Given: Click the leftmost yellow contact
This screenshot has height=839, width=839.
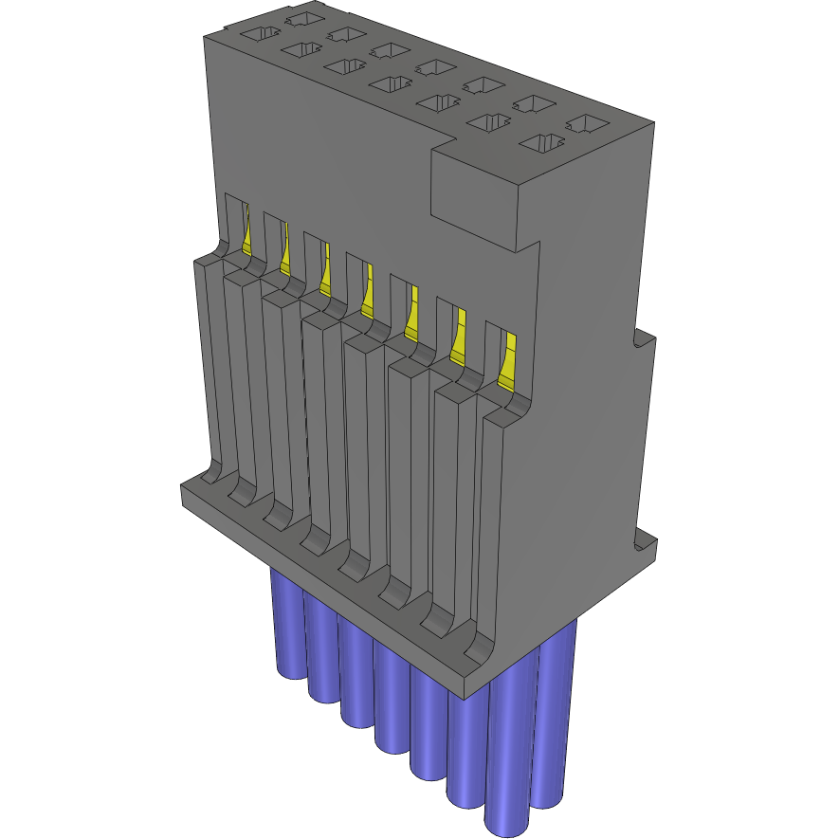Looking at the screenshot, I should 247,237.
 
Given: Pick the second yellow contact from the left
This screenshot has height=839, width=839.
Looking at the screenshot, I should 285,254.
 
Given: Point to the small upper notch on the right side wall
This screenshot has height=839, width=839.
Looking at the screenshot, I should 644,337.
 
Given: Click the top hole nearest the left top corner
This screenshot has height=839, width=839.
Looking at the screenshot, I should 257,35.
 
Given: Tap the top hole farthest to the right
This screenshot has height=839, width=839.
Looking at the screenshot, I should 588,123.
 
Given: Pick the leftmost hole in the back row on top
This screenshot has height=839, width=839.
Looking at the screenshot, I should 301,18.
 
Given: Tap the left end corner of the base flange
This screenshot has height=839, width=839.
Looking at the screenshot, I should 183,493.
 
